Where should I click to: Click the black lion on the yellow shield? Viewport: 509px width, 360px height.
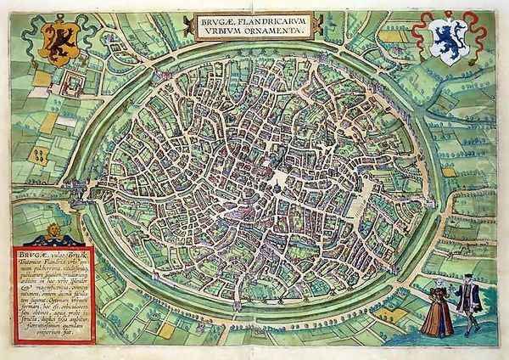pyautogui.click(x=57, y=42)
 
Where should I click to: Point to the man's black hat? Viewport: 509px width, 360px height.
pyautogui.click(x=463, y=283)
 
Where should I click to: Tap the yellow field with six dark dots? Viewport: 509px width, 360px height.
pyautogui.click(x=39, y=154)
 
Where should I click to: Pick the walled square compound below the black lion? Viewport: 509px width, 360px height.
pyautogui.click(x=75, y=83)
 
